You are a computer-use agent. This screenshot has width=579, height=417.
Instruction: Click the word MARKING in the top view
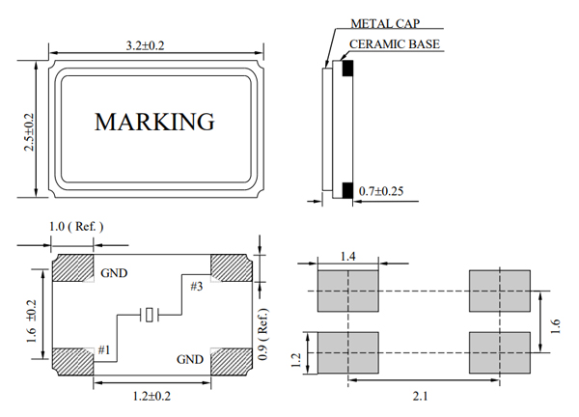pos(153,122)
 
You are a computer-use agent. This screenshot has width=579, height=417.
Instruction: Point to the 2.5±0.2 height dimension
pos(28,131)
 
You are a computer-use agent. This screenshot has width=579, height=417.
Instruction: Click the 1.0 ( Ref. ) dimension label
pos(75,227)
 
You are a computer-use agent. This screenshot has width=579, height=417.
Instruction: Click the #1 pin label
pos(103,349)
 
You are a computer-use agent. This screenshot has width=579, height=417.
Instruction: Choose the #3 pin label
pos(196,286)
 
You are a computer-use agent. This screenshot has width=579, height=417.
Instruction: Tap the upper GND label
pos(114,273)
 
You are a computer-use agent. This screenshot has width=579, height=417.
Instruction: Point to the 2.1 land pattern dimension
pos(421,396)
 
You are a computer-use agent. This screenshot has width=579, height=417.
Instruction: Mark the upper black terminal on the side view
pos(347,68)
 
